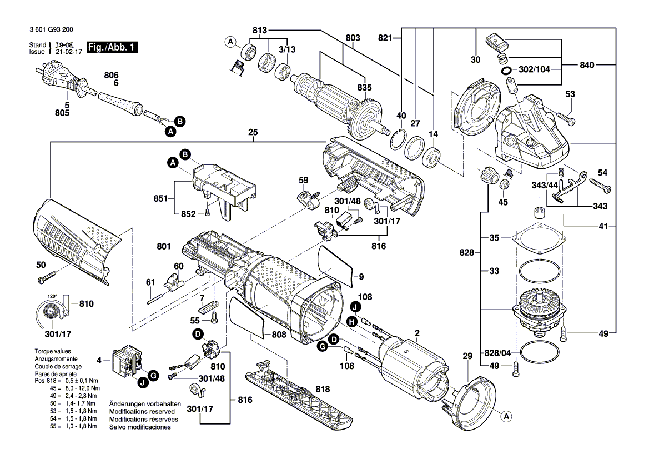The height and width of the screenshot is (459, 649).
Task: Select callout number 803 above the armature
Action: [353, 37]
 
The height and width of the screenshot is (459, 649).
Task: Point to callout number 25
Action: [253, 133]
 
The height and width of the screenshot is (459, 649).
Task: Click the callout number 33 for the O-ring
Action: [494, 272]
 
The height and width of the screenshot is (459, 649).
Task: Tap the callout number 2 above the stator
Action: [416, 333]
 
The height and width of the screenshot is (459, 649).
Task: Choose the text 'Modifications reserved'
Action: [143, 411]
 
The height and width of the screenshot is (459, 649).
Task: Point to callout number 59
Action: [303, 180]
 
